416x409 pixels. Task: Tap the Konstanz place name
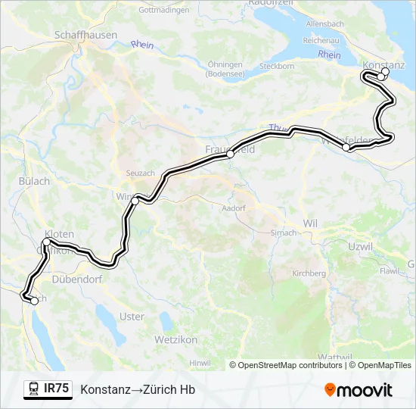click(384, 64)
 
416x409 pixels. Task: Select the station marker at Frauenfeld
click(230, 154)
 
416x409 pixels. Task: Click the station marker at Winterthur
click(135, 201)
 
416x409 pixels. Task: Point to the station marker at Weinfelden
click(346, 148)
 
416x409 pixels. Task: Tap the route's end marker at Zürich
click(34, 301)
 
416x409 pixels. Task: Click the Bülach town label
click(34, 181)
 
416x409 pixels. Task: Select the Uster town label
click(132, 317)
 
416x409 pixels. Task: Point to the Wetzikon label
click(175, 339)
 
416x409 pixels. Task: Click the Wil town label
click(309, 223)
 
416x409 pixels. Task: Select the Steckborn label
click(276, 66)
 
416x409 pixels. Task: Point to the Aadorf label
click(234, 208)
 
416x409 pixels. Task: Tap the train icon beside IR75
click(33, 389)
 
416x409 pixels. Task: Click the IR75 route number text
click(57, 389)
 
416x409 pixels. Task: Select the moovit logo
click(359, 390)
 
